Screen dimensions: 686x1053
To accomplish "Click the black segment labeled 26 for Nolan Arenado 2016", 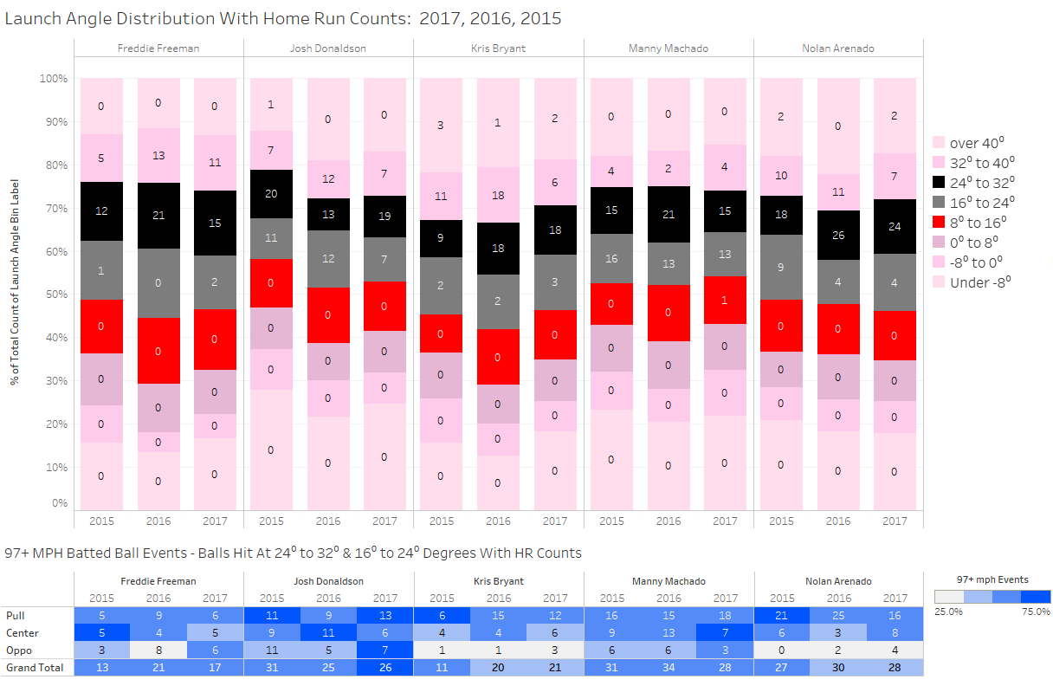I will [837, 235].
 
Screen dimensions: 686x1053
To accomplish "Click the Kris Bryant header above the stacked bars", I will [498, 49].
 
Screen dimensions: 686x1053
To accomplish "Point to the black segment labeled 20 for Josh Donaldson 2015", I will [271, 193].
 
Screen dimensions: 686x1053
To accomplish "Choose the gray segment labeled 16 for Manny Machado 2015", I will [611, 258].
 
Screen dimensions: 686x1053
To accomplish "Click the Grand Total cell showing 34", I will [669, 668].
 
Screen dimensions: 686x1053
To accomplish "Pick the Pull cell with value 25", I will [837, 615].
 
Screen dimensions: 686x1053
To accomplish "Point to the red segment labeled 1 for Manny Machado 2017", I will [725, 300].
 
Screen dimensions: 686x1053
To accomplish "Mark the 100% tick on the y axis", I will [54, 79].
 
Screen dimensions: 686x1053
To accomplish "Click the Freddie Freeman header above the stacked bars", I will [158, 49].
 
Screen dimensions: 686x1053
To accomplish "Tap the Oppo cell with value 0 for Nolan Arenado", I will [781, 650].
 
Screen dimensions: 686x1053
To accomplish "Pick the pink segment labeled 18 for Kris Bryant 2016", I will [498, 196].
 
